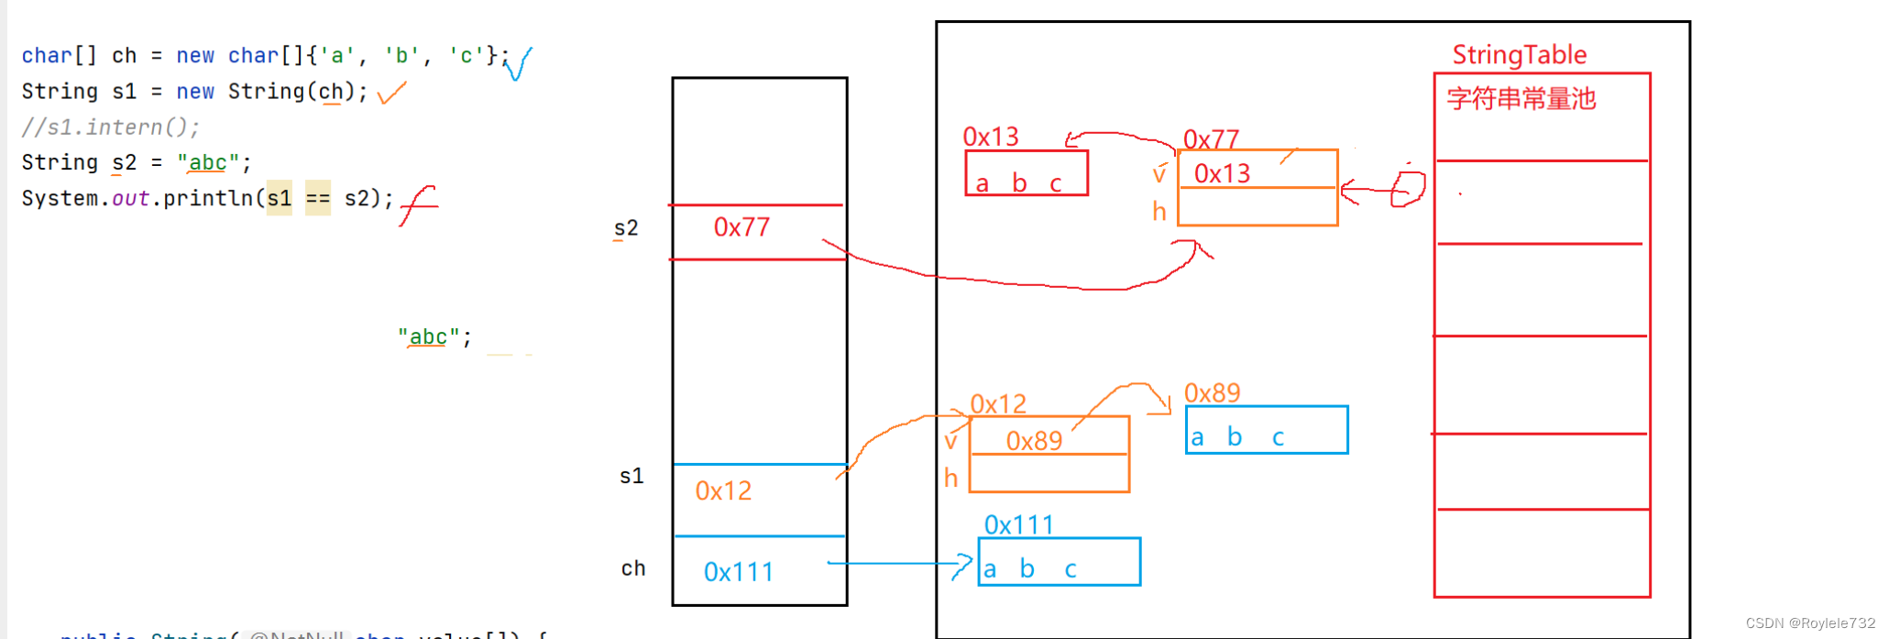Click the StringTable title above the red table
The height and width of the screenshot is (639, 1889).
[x=1519, y=55]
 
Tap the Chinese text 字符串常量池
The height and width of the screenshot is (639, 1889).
[x=1521, y=99]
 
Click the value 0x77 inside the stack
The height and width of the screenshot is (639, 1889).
[x=741, y=227]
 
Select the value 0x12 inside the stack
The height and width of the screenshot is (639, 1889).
[x=723, y=491]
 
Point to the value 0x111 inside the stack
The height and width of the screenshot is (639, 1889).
[x=738, y=572]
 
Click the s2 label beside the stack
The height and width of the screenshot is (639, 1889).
[x=626, y=228]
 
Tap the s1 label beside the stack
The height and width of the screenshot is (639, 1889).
[x=631, y=476]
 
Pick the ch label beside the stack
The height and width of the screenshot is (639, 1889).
[x=633, y=568]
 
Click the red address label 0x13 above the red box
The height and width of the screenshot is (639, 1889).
[x=990, y=138]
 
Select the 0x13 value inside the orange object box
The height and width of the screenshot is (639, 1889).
[x=1222, y=173]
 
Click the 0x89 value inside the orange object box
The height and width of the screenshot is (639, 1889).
[x=1034, y=441]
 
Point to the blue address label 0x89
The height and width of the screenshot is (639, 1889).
[x=1212, y=393]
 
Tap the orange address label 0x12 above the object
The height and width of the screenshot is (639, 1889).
[x=998, y=404]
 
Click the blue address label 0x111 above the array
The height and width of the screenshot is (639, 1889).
[x=1018, y=525]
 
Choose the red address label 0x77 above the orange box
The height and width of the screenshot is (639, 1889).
[x=1211, y=139]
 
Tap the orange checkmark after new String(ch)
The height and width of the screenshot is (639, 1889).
[x=391, y=93]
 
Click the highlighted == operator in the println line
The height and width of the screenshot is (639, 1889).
[x=318, y=198]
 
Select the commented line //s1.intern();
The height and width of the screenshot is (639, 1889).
[x=110, y=127]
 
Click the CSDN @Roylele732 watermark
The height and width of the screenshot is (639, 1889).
[x=1810, y=623]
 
